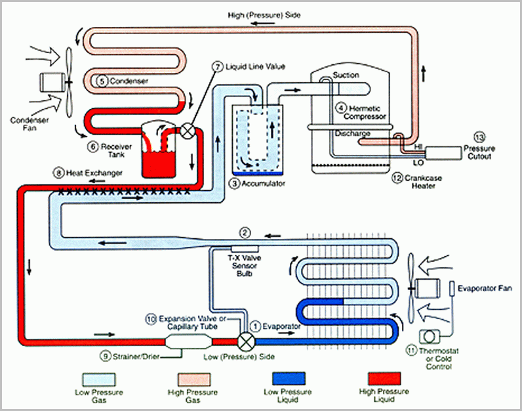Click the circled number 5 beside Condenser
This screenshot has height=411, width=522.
coord(102,81)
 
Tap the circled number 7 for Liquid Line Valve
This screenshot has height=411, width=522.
coord(217,67)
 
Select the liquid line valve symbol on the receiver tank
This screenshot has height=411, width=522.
coord(188,131)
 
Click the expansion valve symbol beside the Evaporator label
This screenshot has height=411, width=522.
coord(247,341)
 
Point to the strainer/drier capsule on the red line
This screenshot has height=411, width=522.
coord(189,341)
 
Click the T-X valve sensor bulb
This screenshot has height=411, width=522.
coord(245,249)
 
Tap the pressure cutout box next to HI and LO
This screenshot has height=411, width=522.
coord(444,153)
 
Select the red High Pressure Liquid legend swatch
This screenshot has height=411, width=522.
coord(384,379)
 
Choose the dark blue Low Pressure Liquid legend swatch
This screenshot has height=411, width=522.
coord(289,379)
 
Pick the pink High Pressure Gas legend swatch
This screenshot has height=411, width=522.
coord(193,379)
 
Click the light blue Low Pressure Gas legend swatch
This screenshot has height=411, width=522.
coord(99,379)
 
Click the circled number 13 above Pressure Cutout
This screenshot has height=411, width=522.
coord(479,137)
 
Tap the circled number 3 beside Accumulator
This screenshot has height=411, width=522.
coord(234,183)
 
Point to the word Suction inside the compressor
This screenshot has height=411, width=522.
coord(346,75)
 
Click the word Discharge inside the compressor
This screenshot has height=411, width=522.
coord(353,133)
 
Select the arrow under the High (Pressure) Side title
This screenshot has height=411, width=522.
coord(263,24)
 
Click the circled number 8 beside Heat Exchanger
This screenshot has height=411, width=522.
coord(58,173)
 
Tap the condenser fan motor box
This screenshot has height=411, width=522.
coord(51,82)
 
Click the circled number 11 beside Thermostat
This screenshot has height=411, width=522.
coord(411,351)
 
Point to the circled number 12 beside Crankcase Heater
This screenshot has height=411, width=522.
coord(397,178)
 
